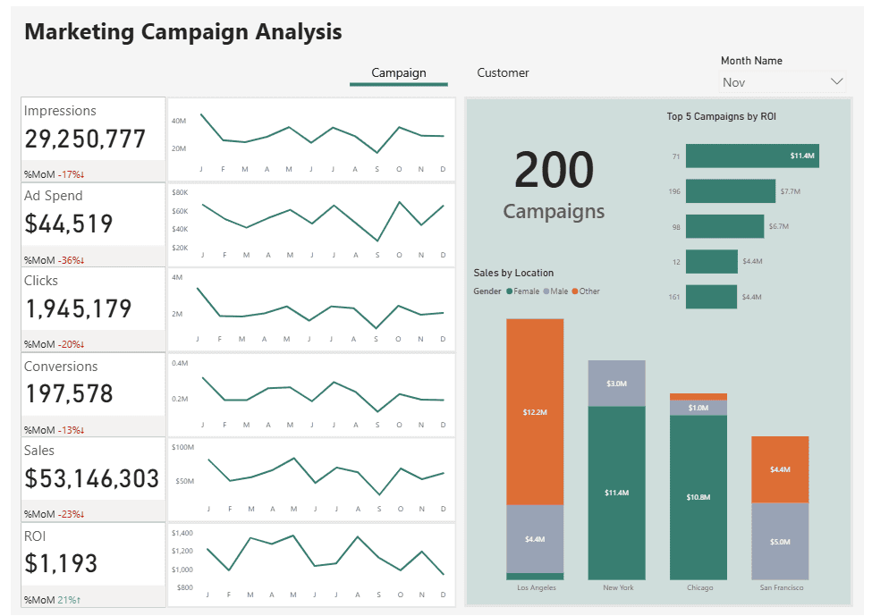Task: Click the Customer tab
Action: click(x=503, y=73)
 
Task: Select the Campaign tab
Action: click(x=399, y=73)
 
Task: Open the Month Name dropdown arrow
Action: click(x=836, y=81)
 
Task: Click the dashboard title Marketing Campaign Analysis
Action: click(x=183, y=32)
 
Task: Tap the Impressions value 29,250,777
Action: click(x=85, y=139)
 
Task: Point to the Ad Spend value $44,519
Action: click(x=69, y=224)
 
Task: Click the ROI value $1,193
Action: click(x=62, y=563)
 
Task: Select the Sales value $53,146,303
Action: click(x=92, y=478)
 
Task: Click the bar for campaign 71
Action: click(x=751, y=156)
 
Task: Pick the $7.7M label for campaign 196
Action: click(x=790, y=191)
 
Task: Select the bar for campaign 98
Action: click(x=724, y=226)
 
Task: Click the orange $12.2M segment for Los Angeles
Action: click(x=535, y=411)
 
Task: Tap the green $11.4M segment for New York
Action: click(x=616, y=493)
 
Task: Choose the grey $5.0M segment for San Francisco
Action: click(x=780, y=541)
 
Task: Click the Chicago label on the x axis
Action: click(x=699, y=587)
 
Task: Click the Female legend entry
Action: click(x=526, y=291)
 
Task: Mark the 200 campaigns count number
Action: click(x=554, y=170)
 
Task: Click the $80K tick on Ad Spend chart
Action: click(x=180, y=192)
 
